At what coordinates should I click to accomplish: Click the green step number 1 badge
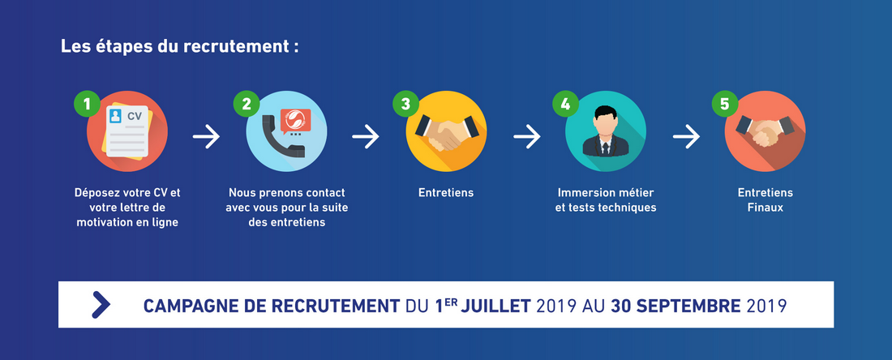[87, 104]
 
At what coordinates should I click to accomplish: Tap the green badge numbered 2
[247, 104]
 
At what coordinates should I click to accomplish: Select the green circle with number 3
[405, 104]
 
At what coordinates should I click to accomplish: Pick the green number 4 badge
[565, 104]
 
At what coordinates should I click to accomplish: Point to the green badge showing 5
[724, 104]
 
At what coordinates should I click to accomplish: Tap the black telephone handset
[281, 136]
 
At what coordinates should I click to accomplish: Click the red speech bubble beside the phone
[295, 120]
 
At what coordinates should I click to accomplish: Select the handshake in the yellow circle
[447, 132]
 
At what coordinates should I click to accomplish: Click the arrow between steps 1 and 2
[206, 137]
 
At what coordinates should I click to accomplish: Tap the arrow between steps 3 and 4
[527, 137]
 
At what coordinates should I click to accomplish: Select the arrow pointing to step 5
[686, 137]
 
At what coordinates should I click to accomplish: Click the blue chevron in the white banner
[101, 305]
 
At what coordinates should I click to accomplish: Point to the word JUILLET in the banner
[495, 306]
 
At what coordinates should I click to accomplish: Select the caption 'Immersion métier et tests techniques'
[605, 200]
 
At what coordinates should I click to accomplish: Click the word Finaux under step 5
[765, 208]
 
